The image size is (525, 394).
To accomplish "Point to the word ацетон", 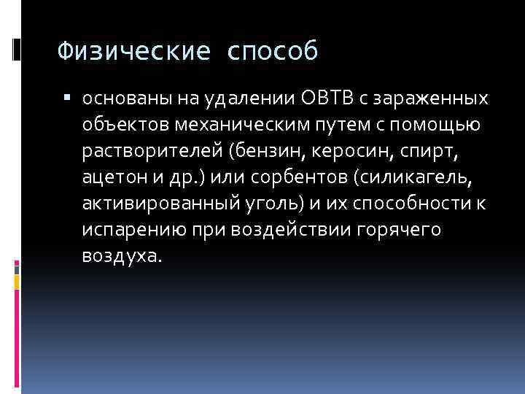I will tap(109, 177).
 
